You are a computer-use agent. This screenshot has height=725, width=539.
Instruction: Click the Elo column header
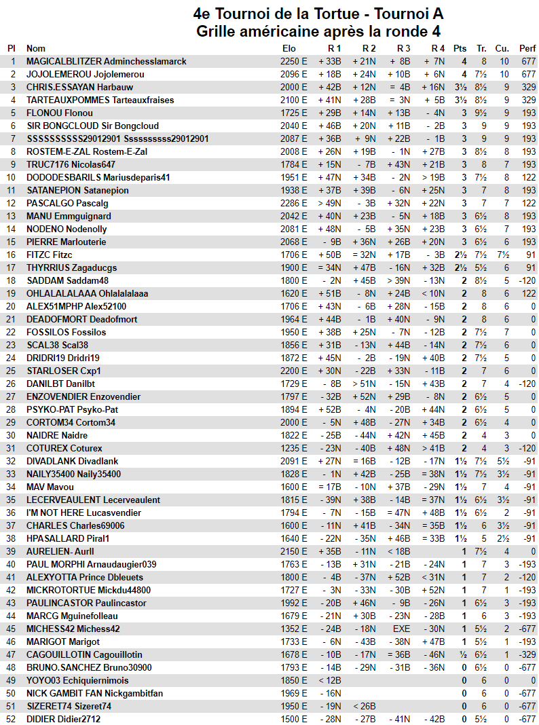coord(289,48)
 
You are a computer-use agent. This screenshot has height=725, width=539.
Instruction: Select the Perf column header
coord(527,48)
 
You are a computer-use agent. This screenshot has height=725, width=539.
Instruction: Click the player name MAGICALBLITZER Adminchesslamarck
coord(107,61)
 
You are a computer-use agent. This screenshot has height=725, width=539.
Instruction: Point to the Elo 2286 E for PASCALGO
coord(294,203)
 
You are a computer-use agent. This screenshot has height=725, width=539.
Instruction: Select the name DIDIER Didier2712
coord(63,719)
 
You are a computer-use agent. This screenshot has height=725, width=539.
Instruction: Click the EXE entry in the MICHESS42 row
coord(402,629)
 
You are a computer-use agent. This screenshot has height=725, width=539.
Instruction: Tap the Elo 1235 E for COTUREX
coord(294,448)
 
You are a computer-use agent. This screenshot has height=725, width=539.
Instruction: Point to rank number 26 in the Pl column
coord(11,384)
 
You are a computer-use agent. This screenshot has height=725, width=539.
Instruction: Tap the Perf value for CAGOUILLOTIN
coord(527,654)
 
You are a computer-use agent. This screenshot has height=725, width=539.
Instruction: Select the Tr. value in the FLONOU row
coord(481,113)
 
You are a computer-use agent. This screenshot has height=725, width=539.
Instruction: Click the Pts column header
coord(460,48)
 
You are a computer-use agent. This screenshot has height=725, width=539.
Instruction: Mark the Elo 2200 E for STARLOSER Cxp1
coord(294,371)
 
